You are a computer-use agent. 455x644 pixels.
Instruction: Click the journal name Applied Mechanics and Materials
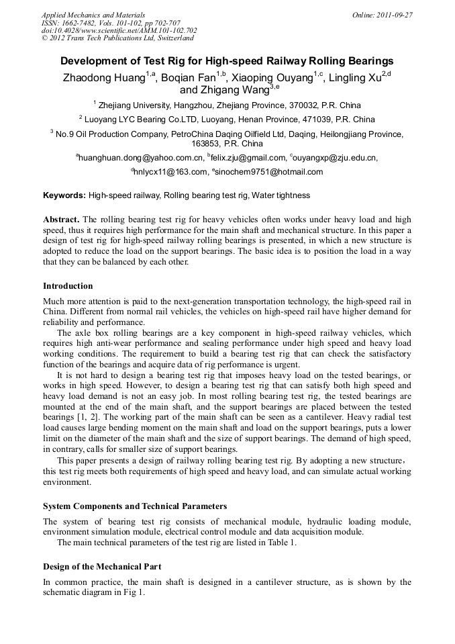point(93,15)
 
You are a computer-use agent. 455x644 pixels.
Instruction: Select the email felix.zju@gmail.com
point(248,158)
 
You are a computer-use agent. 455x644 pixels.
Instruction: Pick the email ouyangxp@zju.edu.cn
point(335,158)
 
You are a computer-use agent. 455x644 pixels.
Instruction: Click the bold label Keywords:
point(64,195)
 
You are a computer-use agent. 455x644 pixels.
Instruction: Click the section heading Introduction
point(68,286)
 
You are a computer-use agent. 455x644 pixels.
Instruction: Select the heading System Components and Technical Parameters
point(135,506)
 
